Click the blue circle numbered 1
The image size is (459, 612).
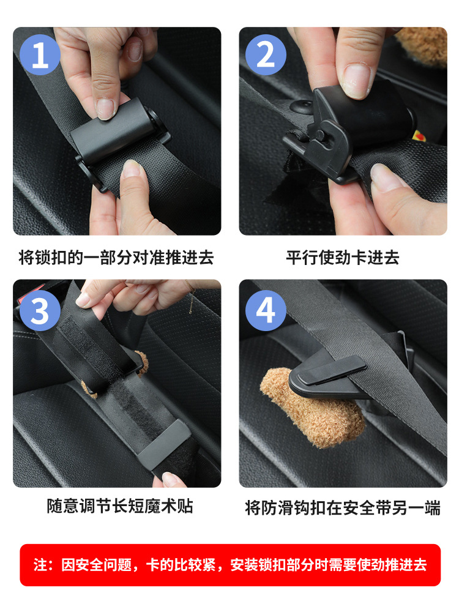(40, 54)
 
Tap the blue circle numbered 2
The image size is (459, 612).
(266, 54)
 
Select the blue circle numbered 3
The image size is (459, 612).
(40, 311)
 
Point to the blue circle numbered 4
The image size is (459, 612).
(266, 311)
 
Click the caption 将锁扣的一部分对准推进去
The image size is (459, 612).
(116, 258)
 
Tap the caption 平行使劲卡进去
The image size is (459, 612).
(343, 258)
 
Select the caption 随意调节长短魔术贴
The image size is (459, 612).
(120, 506)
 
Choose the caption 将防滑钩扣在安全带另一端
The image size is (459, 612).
(343, 508)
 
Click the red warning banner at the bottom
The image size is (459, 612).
(230, 565)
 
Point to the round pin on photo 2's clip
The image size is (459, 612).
(321, 135)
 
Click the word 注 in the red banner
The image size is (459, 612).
(40, 565)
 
